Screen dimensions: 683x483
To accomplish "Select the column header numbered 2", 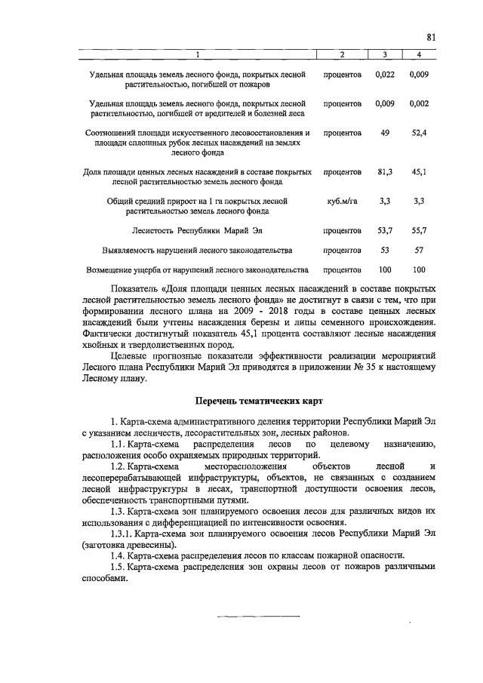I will point(341,54).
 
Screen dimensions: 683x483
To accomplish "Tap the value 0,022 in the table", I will point(385,75).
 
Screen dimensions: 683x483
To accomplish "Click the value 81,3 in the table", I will point(385,172).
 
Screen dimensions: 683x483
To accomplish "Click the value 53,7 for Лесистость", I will point(385,229).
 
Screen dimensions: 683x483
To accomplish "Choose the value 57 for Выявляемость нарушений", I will point(420,249).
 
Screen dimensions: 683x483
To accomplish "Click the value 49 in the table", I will point(385,133).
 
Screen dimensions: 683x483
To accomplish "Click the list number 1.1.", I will point(118,445).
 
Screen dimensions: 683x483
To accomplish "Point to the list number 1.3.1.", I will point(122,534).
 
